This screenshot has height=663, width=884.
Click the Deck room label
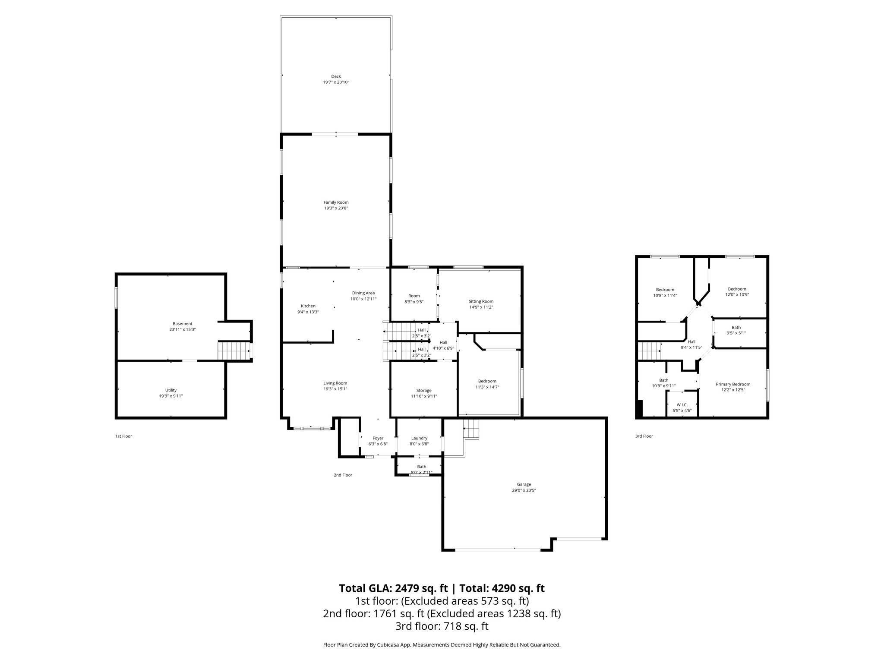336,76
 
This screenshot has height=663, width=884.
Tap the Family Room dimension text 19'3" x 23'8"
336,208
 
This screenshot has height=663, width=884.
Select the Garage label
524,484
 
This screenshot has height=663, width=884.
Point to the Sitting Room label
481,301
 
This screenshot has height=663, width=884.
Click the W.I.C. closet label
682,404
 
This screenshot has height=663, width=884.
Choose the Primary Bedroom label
732,384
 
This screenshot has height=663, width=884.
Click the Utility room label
171,390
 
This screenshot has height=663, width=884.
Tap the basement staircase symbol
234,350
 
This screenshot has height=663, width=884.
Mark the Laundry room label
419,438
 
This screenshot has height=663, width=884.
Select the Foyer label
378,438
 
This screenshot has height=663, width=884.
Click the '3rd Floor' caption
644,436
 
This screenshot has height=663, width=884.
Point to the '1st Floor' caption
123,436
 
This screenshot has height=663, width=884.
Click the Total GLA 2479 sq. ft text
394,588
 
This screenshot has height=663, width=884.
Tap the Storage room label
423,390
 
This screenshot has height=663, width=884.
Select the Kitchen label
308,306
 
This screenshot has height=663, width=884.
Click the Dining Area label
363,293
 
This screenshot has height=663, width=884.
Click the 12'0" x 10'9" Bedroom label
737,289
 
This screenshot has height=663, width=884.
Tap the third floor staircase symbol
650,350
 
